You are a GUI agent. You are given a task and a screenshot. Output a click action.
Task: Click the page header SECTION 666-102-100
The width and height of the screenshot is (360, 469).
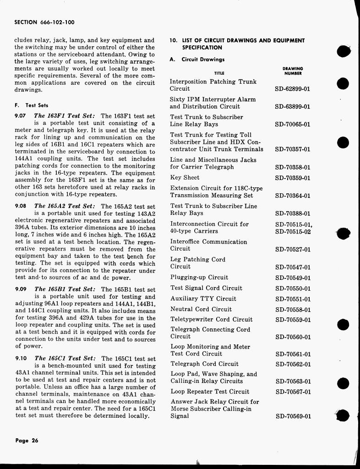(44, 22)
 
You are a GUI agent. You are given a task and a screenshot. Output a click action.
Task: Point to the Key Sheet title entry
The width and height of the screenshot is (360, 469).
(185, 178)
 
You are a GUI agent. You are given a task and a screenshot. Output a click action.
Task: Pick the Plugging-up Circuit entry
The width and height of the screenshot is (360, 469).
(199, 278)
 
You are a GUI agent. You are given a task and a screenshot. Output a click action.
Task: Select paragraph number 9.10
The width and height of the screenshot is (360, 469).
(22, 359)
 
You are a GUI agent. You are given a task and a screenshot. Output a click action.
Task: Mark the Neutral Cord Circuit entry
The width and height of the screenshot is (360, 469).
(201, 309)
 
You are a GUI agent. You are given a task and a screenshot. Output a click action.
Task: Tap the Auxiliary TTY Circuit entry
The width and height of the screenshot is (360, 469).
(203, 299)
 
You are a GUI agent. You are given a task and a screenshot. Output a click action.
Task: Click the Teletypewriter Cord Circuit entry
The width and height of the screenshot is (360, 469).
(211, 320)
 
